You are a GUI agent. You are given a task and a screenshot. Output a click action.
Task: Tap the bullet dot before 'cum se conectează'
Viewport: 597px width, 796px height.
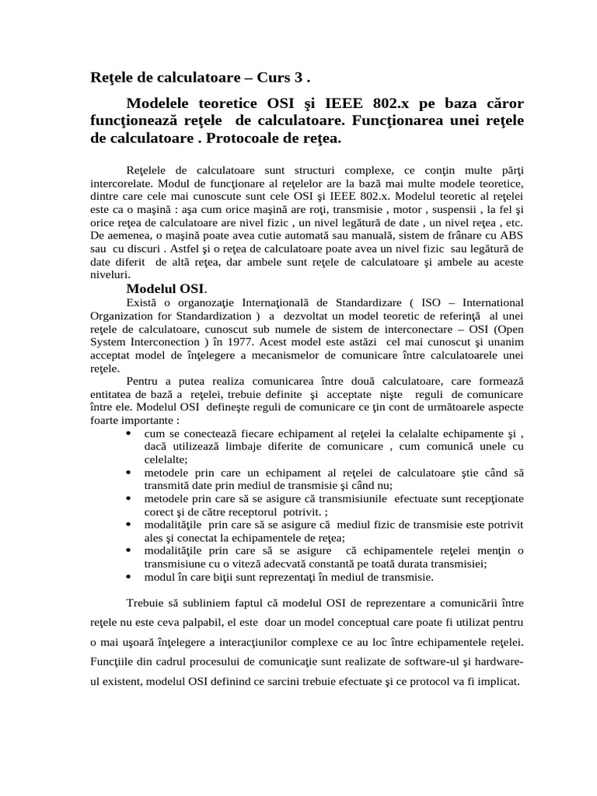pos(127,433)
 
